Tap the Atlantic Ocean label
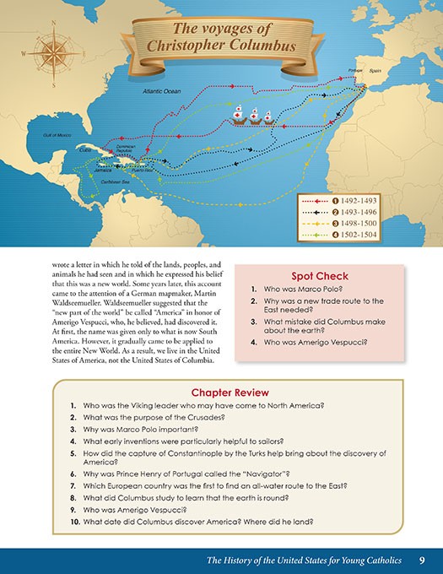pos(162,89)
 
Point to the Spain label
pos(375,72)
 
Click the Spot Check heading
pos(320,275)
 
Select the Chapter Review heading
pos(230,393)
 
